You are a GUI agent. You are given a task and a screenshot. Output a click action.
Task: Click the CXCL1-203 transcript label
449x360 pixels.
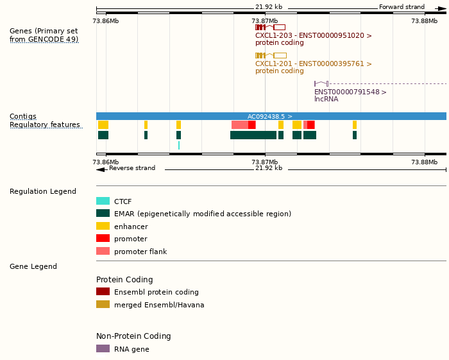313,35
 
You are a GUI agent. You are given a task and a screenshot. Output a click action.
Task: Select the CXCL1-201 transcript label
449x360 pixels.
313,64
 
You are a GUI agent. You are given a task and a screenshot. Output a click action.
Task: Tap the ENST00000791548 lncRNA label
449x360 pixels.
350,92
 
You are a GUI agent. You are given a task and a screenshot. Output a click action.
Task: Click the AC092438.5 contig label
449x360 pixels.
269,116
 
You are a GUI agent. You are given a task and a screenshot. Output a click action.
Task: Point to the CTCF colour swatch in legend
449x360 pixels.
103,201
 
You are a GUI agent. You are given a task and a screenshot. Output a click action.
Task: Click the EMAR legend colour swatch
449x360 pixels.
103,214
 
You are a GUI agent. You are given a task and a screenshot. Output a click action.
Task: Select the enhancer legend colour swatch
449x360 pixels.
103,226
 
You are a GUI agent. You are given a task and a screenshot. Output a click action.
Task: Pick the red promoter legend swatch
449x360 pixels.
103,239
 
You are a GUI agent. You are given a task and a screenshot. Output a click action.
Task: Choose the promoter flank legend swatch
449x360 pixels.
103,252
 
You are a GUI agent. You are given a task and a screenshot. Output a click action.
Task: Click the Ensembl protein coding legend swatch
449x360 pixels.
103,292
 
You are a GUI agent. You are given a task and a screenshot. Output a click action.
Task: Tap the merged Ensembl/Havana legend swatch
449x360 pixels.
103,305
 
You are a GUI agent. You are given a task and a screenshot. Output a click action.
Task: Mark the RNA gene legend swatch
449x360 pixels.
103,349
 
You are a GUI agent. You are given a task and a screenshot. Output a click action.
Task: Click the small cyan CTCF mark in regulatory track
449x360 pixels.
179,146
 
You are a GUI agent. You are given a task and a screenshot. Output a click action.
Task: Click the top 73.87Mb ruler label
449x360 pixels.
265,21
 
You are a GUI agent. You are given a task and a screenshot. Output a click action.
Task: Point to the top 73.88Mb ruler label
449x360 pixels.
424,21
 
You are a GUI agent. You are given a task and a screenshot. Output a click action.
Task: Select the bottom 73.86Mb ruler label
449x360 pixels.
105,162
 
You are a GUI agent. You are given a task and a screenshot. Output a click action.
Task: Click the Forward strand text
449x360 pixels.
402,7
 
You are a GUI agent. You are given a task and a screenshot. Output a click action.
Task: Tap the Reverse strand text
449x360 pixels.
132,168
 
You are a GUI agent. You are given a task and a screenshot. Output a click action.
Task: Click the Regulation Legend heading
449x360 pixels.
43,191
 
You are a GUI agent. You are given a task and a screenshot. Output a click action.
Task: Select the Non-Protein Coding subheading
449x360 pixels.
133,336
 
